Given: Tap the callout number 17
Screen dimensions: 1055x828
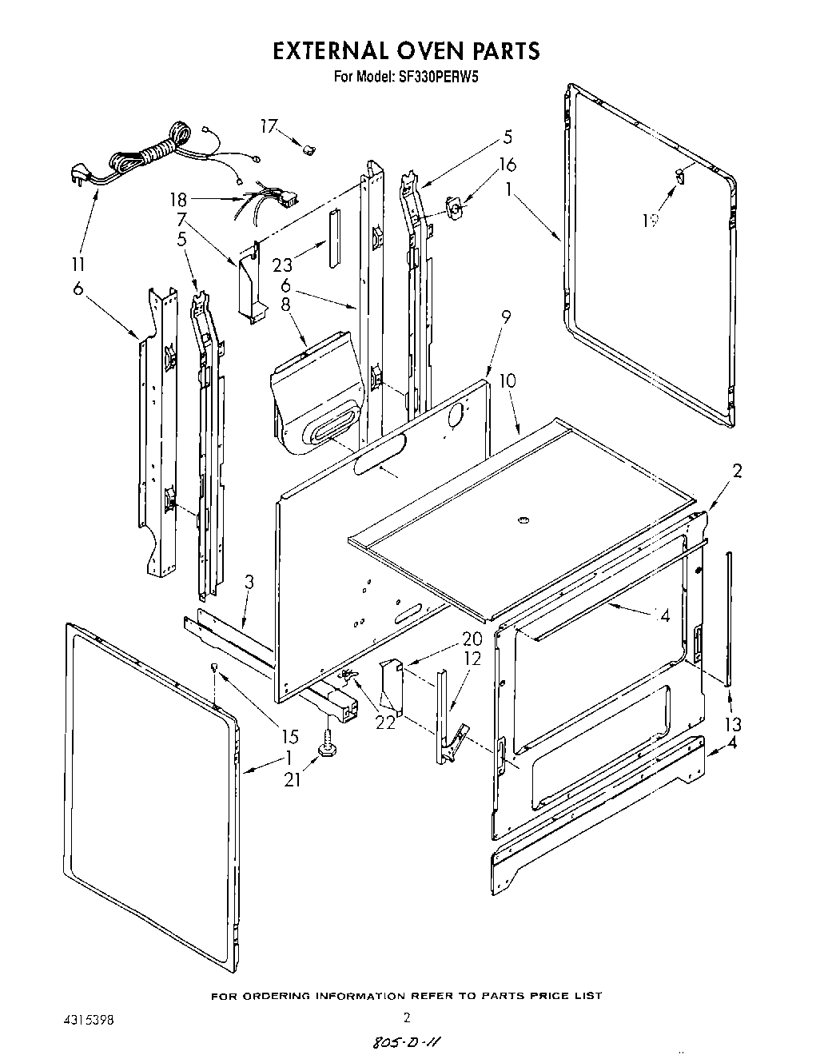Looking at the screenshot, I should click(x=269, y=125).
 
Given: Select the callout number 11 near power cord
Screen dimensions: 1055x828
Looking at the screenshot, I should click(x=79, y=264).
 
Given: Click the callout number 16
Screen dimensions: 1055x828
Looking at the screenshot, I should click(x=507, y=165).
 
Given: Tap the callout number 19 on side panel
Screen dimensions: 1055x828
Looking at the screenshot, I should click(x=650, y=221).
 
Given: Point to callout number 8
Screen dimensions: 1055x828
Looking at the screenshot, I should click(x=286, y=304).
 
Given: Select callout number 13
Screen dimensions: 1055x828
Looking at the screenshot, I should click(x=732, y=724).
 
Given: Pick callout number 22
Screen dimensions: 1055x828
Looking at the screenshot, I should click(x=386, y=723).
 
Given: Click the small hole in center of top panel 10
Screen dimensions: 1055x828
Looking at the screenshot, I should click(x=524, y=521).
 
